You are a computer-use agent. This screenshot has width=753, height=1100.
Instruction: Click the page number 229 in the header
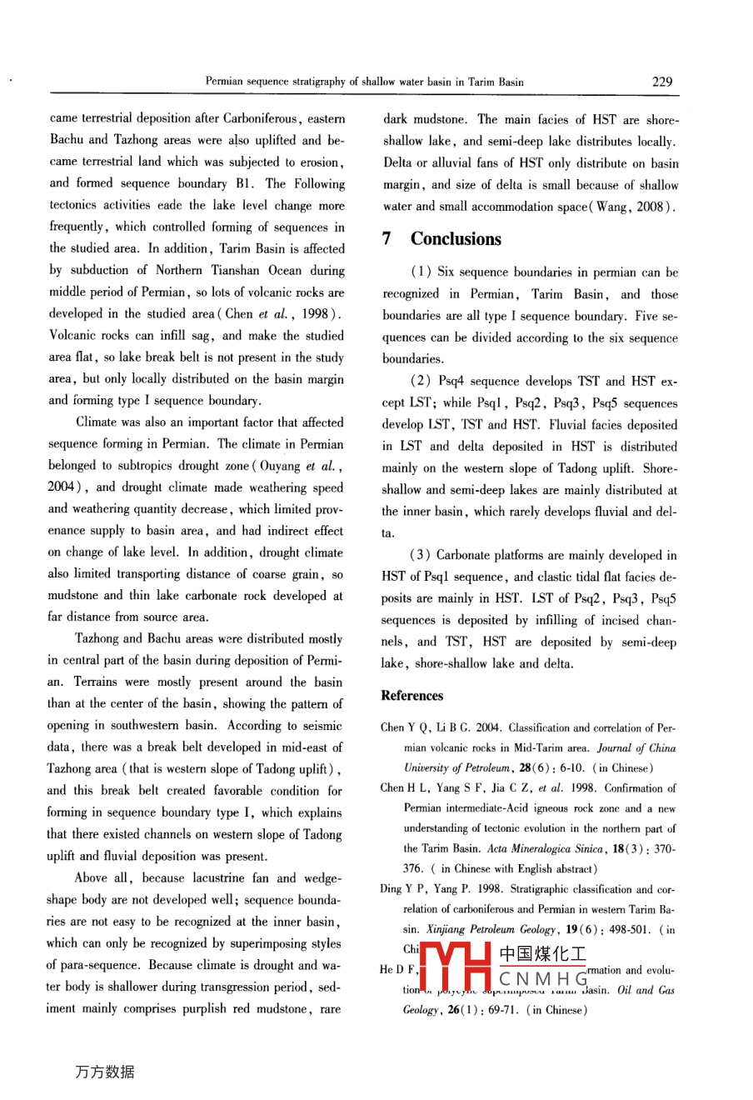661,82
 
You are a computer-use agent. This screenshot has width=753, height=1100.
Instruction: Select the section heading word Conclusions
456,239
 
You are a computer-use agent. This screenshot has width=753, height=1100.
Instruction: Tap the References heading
412,696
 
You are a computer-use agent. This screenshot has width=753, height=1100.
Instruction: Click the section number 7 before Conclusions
387,239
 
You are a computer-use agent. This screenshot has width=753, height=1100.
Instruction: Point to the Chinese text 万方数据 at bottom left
104,1072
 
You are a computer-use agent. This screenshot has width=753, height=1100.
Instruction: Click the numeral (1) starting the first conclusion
419,272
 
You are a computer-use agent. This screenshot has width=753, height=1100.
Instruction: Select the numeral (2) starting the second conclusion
419,382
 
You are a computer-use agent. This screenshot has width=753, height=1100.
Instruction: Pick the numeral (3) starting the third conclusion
419,556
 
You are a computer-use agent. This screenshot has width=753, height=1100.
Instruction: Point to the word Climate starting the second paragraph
97,422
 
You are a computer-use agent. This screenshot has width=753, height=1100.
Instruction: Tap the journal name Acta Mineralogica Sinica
545,849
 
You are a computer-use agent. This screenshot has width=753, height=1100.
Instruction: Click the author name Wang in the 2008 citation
611,207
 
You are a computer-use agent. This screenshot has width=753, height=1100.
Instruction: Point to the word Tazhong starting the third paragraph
97,639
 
